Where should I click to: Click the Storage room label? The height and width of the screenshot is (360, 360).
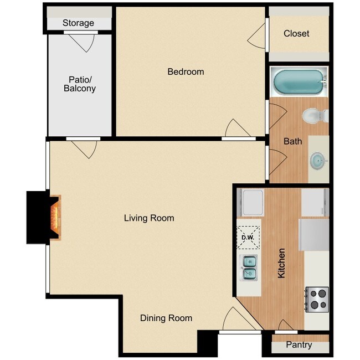click(78, 23)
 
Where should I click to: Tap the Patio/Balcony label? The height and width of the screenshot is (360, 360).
click(80, 84)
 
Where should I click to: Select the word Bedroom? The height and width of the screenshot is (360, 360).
click(186, 71)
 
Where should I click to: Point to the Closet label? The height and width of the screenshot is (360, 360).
click(296, 34)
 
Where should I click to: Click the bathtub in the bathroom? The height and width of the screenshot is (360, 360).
click(299, 82)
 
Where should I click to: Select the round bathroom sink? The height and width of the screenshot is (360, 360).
click(318, 161)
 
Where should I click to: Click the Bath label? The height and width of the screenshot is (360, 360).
click(293, 141)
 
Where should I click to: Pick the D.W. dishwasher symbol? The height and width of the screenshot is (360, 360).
click(248, 238)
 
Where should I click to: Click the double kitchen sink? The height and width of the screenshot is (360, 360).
click(248, 268)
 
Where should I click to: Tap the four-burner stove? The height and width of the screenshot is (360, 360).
click(317, 300)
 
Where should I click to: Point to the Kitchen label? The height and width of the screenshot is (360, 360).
click(281, 263)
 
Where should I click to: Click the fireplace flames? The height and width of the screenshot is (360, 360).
click(55, 218)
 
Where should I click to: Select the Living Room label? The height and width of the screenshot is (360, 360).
click(149, 218)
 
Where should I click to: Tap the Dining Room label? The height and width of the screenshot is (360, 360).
click(166, 318)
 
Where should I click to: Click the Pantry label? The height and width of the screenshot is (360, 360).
click(299, 345)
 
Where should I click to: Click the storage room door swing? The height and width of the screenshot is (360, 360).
click(82, 43)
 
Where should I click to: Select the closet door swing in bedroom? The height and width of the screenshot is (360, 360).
click(256, 36)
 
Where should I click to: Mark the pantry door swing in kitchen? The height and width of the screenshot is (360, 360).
click(286, 325)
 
